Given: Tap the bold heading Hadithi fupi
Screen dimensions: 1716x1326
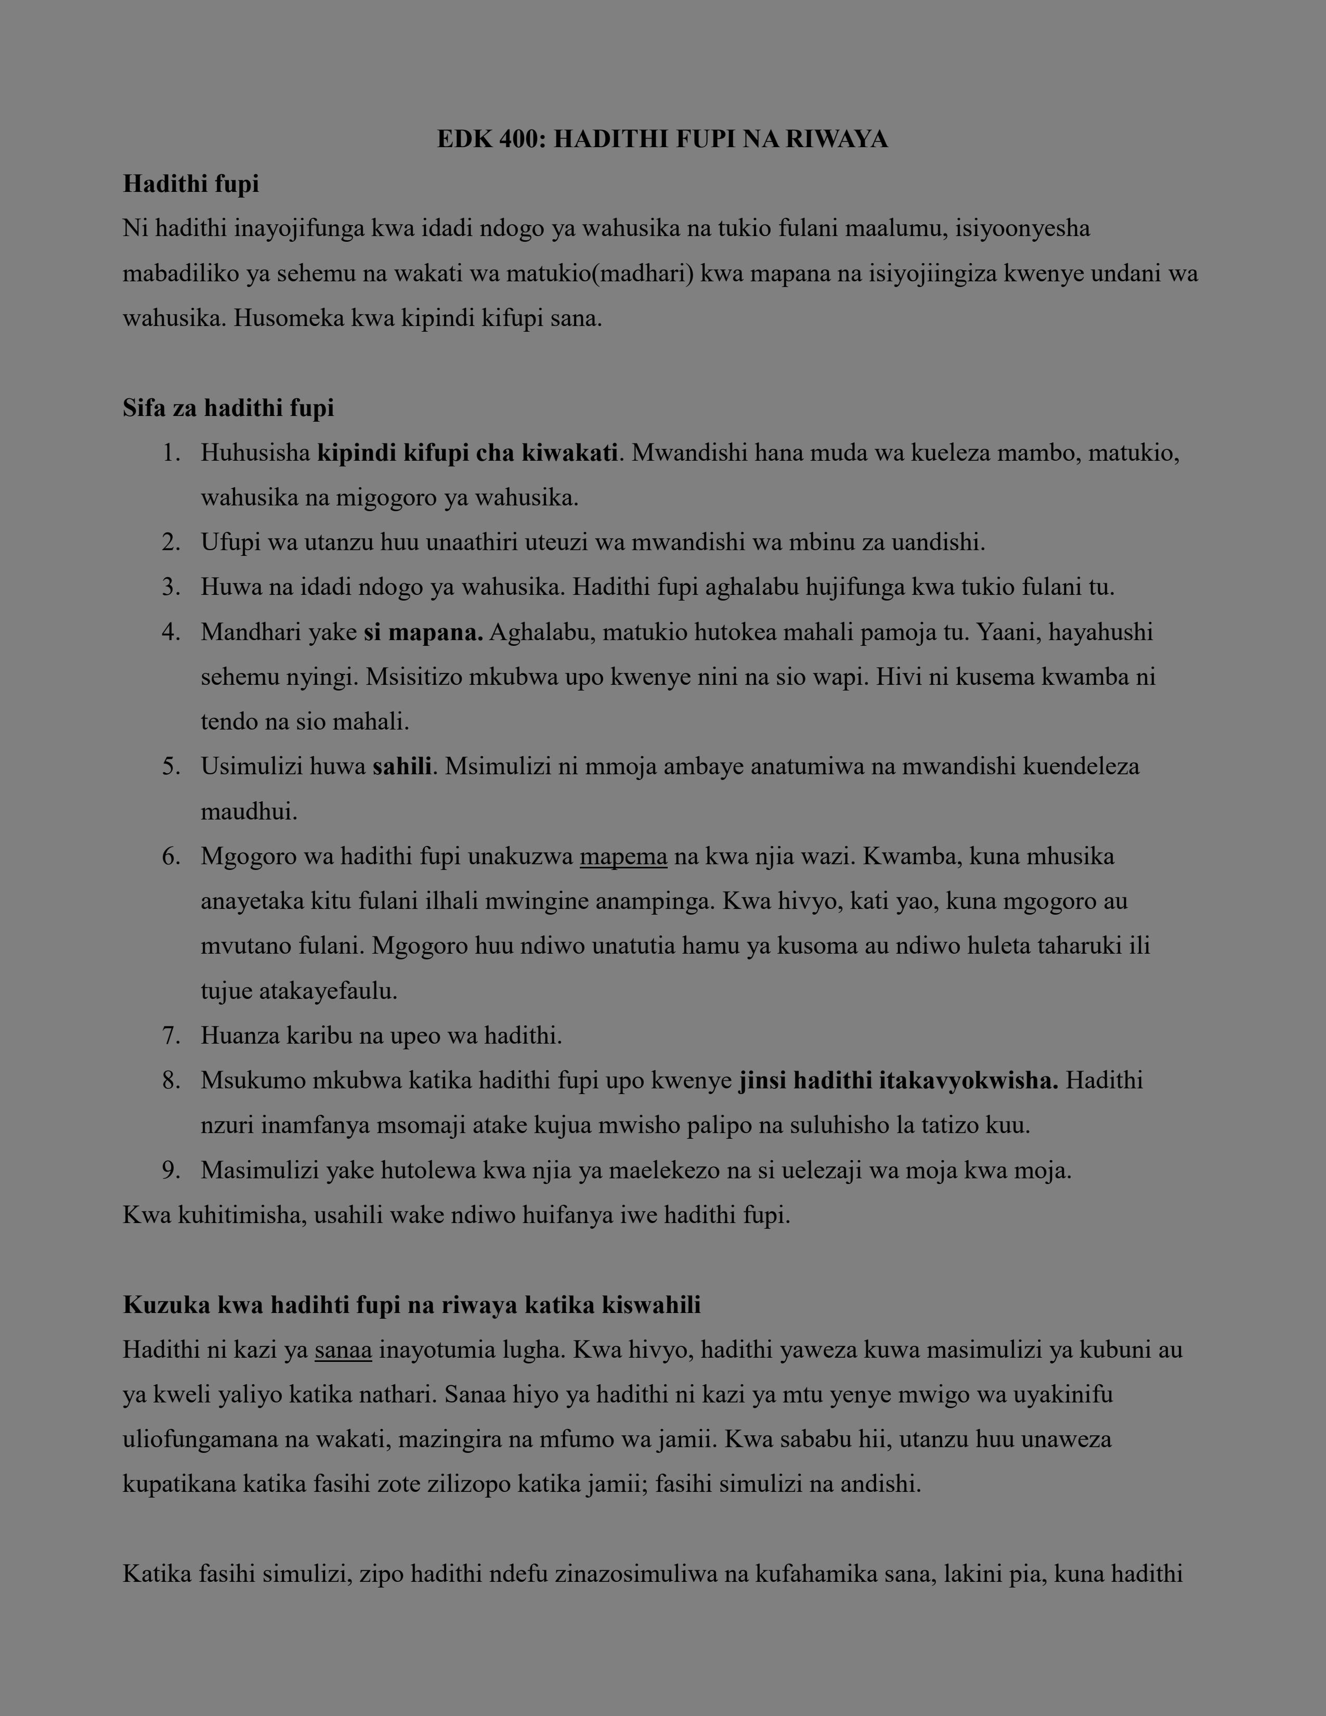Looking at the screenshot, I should pyautogui.click(x=191, y=184).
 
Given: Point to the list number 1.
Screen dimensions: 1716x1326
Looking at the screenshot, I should pyautogui.click(x=171, y=453).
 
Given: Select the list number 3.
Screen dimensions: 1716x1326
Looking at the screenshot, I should pyautogui.click(x=171, y=587).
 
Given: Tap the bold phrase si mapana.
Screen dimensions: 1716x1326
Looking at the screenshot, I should pyautogui.click(x=423, y=632).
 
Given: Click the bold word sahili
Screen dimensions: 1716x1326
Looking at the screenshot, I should pyautogui.click(x=401, y=766).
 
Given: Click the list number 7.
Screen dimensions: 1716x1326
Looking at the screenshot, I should pyautogui.click(x=171, y=1035).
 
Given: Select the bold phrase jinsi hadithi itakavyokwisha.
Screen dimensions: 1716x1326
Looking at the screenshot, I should pyautogui.click(x=898, y=1081).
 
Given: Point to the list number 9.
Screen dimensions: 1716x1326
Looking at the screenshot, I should pyautogui.click(x=171, y=1171).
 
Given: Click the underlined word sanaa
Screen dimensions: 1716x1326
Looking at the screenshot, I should pyautogui.click(x=343, y=1350).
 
